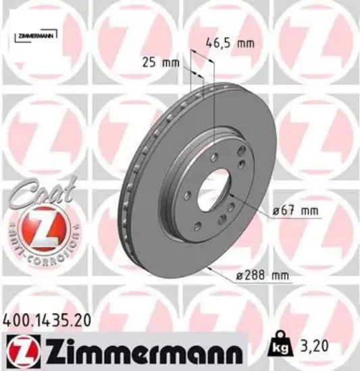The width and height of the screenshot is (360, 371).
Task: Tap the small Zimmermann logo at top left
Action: (x=33, y=34)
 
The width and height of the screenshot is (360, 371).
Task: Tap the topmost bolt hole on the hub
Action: (x=213, y=156)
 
